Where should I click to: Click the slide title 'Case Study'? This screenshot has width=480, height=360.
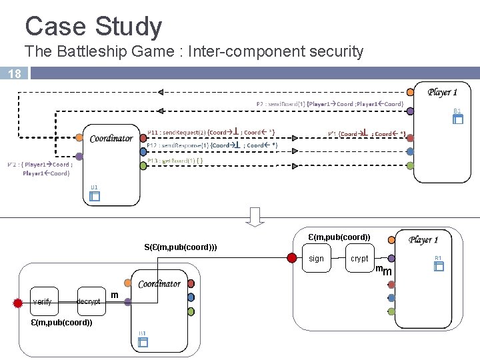click(x=93, y=27)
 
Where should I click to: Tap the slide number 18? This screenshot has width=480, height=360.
click(x=14, y=74)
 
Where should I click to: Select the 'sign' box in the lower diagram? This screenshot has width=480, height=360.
click(x=317, y=259)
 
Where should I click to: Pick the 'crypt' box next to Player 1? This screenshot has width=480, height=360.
click(x=359, y=259)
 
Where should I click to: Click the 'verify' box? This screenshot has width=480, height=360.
click(x=42, y=301)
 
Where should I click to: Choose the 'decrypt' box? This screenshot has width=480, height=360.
click(x=88, y=301)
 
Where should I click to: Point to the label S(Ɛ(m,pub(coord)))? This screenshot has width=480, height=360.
click(x=180, y=247)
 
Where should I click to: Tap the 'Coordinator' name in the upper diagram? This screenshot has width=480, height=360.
click(x=111, y=138)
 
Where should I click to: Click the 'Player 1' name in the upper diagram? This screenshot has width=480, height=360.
click(x=443, y=92)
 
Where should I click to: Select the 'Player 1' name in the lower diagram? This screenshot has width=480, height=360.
click(x=423, y=239)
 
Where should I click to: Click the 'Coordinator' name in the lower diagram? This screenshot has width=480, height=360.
click(x=159, y=283)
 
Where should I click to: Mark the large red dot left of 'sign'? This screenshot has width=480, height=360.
click(x=291, y=258)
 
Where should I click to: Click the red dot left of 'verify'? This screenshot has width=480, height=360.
click(x=18, y=302)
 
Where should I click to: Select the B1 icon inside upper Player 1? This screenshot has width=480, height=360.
click(x=457, y=119)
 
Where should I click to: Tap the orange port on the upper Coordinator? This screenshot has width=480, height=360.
click(x=79, y=137)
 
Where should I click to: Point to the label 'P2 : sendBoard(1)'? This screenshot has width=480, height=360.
click(x=281, y=104)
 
